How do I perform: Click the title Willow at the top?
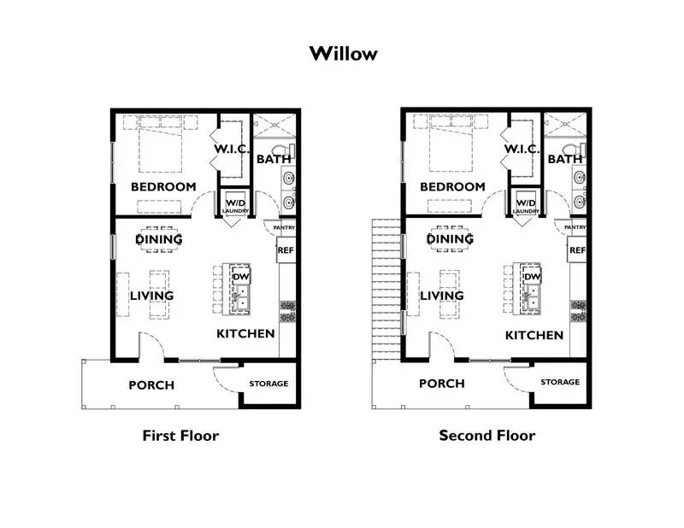point(342,54)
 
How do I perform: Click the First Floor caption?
point(180,436)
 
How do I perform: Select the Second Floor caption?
point(487,436)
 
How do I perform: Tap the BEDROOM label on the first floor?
point(162,186)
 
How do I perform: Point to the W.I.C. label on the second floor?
point(522,150)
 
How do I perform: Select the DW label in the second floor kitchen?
point(532,277)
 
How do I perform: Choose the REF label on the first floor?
point(286,251)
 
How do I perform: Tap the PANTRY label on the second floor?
point(575,227)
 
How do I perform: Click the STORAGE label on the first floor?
point(268,384)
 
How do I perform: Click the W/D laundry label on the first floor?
point(234,205)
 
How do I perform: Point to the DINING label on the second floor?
point(450,239)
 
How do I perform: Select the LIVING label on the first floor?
point(151,296)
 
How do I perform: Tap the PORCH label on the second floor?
point(442,384)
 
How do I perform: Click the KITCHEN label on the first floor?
point(245,333)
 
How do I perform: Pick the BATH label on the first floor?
point(274,159)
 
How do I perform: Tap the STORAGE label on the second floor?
point(559,382)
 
